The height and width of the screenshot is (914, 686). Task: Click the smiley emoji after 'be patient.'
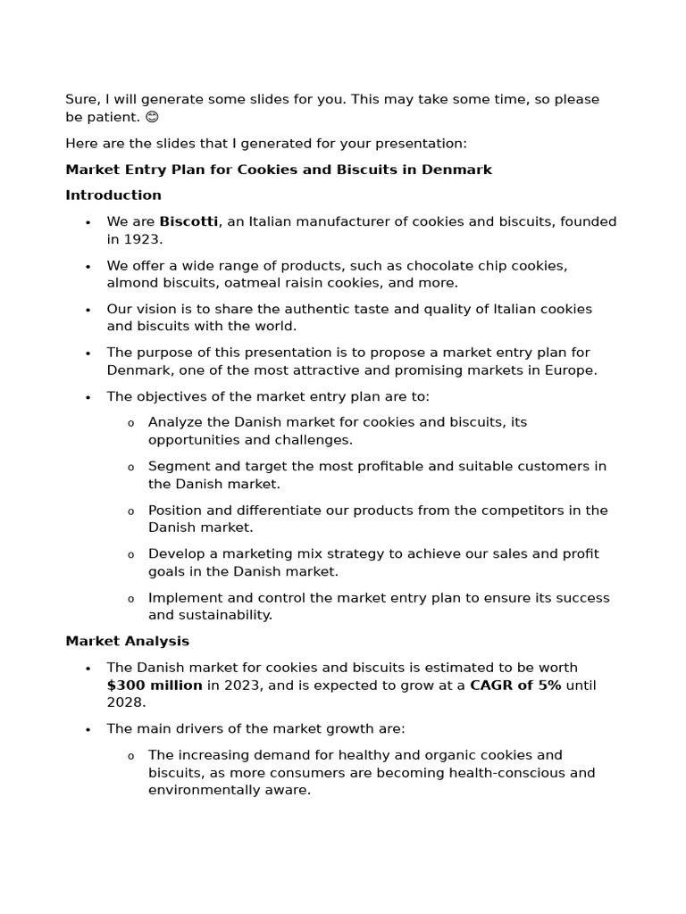[152, 117]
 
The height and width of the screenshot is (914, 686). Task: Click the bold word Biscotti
[188, 221]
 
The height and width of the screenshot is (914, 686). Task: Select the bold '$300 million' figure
[155, 685]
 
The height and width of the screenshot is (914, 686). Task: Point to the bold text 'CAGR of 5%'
[515, 685]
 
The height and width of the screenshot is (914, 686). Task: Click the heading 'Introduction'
[113, 195]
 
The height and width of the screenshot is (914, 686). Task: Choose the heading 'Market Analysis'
[127, 641]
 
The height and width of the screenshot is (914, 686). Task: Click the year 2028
[124, 702]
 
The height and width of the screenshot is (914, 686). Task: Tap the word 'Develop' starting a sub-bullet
[176, 554]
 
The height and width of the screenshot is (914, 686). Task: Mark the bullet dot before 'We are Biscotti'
[88, 222]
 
